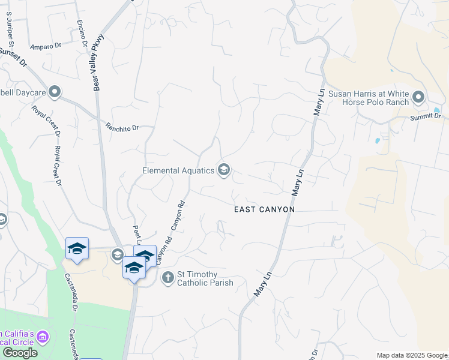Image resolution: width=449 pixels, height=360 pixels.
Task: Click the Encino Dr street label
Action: [x=82, y=34]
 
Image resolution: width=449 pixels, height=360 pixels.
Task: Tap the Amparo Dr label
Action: [x=46, y=46]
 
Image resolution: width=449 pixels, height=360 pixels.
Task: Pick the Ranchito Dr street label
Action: [x=122, y=127]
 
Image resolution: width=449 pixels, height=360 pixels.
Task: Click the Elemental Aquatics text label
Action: [x=178, y=170]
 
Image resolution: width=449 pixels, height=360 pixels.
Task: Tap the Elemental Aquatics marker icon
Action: [x=224, y=170]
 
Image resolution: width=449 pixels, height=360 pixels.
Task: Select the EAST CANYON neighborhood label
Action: [x=264, y=209]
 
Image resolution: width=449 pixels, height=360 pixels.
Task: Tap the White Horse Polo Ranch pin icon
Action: [x=418, y=97]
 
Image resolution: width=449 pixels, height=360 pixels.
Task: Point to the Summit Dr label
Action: [x=425, y=116]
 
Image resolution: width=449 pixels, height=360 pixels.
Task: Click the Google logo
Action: [x=20, y=353]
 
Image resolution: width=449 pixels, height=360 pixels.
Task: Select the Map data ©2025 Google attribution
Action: [x=411, y=355]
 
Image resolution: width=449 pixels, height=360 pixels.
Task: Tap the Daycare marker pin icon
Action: [x=55, y=92]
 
